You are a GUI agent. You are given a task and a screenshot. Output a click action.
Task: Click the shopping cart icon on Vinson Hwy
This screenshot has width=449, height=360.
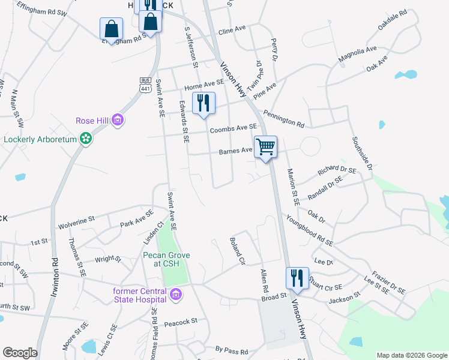265,146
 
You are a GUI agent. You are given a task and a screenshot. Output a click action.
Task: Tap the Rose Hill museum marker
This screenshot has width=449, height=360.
118,121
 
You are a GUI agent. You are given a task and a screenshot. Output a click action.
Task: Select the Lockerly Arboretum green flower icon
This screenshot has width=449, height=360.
86,139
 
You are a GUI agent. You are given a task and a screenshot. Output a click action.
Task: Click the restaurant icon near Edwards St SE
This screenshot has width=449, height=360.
203,103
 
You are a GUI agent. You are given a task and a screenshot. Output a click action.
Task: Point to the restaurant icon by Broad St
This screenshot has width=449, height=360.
297,278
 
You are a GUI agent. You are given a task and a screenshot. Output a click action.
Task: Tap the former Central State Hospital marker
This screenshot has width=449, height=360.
175,294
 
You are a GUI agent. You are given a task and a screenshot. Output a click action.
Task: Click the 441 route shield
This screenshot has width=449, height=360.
145,88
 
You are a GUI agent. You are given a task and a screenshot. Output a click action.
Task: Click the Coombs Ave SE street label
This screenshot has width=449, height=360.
233,128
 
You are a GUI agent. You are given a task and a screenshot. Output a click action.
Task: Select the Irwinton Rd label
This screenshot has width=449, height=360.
55,270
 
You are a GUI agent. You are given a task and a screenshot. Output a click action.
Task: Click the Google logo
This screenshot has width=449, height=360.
20,353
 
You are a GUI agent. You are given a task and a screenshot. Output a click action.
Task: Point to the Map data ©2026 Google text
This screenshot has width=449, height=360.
411,355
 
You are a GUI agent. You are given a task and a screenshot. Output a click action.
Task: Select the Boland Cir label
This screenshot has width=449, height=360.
238,251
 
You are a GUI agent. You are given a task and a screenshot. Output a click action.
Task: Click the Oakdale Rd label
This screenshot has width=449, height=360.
393,20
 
